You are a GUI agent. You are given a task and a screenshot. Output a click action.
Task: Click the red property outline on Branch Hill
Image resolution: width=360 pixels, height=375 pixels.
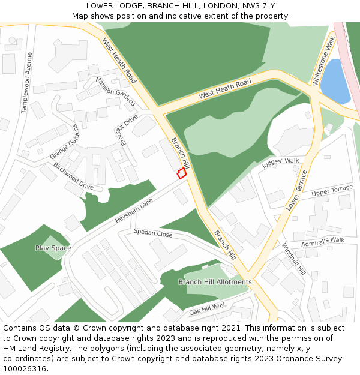(x=181, y=173)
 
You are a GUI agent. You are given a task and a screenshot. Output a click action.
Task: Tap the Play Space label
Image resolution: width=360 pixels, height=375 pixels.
(x=53, y=248)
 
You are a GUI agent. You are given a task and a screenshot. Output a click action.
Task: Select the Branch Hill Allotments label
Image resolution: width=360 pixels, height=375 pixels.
(x=215, y=281)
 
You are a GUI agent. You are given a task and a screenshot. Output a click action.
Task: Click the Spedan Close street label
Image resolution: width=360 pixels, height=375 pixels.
(x=153, y=233)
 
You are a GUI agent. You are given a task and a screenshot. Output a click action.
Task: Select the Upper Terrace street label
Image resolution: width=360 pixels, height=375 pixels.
(x=332, y=191)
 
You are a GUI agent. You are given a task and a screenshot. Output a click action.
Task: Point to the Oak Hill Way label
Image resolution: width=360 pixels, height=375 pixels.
(x=206, y=308)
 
